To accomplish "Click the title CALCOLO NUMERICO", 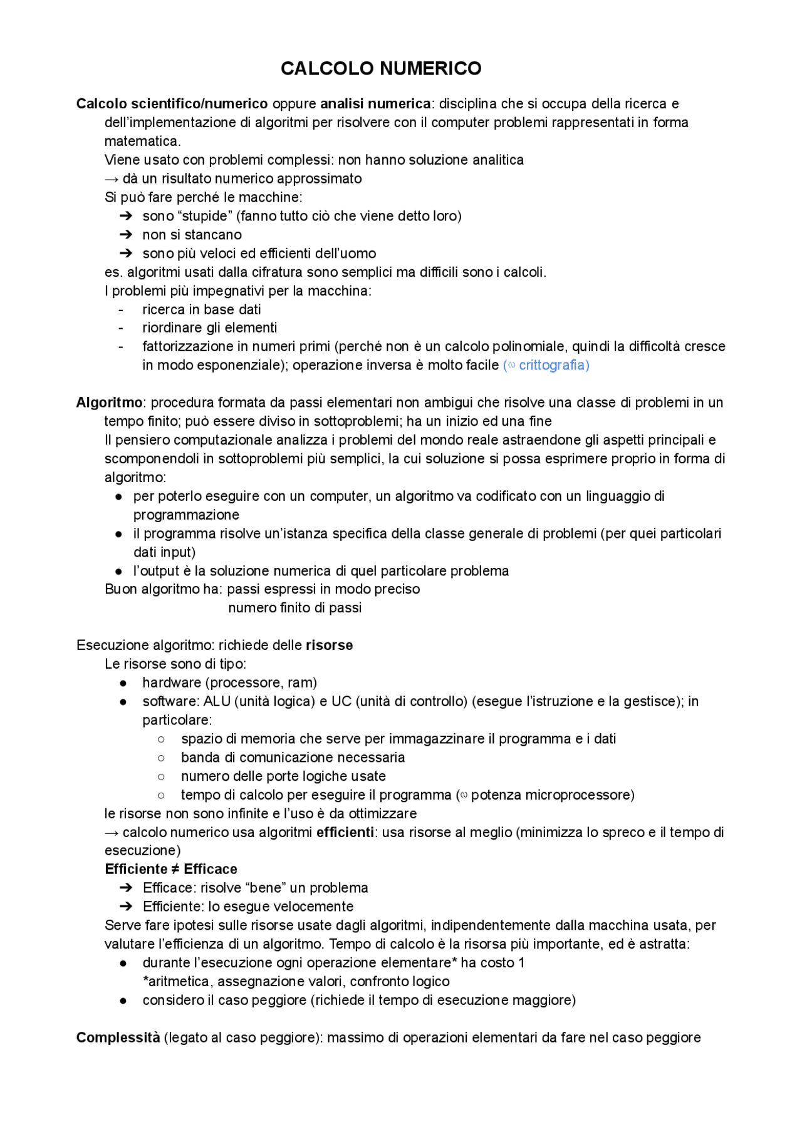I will (x=381, y=68).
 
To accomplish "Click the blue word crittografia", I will (x=553, y=365).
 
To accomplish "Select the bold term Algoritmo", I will (x=109, y=403).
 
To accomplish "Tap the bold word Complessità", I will (x=118, y=1037).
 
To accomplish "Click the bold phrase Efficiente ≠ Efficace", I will (x=171, y=869).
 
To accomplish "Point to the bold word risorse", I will (x=329, y=646).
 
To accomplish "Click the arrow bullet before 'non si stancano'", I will (x=125, y=235).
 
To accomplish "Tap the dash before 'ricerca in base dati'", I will (x=121, y=310).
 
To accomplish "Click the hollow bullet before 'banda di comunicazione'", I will (x=161, y=758).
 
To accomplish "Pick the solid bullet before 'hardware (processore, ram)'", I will (x=123, y=683).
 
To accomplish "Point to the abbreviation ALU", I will (x=217, y=701).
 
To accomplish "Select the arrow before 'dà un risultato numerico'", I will (x=112, y=179).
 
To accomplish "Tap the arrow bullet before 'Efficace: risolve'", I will (x=125, y=888).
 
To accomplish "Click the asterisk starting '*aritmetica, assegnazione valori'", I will (x=145, y=980).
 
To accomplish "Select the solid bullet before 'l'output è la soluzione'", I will (x=118, y=571).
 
